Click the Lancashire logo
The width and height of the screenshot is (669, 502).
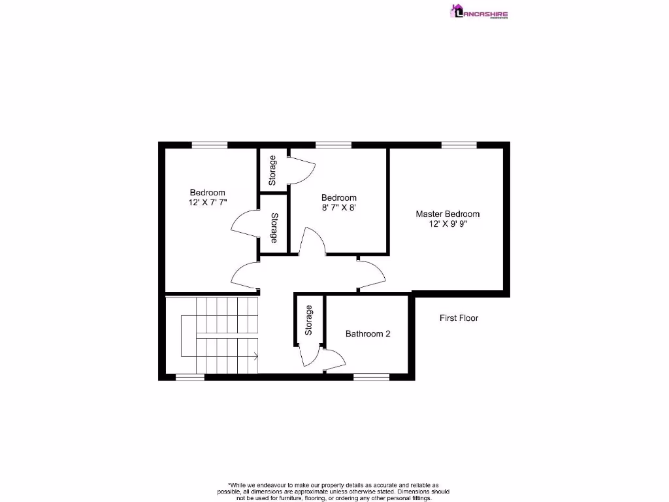click(479, 12)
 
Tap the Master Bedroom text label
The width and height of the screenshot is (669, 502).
click(448, 214)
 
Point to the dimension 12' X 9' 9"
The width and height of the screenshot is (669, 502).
click(448, 224)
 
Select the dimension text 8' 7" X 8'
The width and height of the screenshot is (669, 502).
click(338, 208)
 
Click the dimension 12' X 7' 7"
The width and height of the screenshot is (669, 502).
click(207, 203)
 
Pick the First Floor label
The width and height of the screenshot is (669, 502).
click(458, 318)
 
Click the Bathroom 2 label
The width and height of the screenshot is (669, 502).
click(368, 334)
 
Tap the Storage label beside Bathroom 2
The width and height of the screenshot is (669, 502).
click(309, 320)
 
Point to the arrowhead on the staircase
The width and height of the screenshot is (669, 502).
click(255, 356)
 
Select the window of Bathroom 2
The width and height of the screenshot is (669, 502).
click(371, 376)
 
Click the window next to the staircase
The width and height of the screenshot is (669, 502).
click(190, 376)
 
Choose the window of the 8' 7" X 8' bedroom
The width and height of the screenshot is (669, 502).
click(333, 145)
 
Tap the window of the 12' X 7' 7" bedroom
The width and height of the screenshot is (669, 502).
click(209, 145)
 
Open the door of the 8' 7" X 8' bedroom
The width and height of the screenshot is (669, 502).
click(312, 241)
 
